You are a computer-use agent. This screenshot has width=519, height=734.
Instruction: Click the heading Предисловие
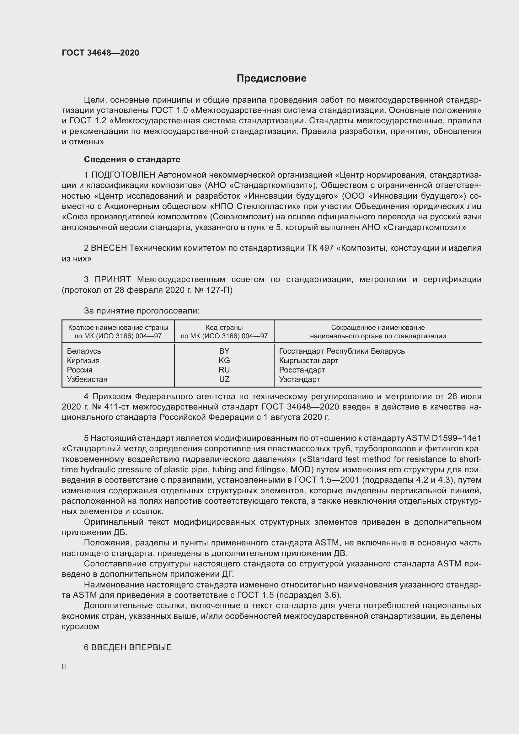(271, 78)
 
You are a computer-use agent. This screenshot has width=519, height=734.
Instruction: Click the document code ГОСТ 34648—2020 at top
(100, 53)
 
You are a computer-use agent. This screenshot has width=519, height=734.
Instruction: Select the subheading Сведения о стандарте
(132, 159)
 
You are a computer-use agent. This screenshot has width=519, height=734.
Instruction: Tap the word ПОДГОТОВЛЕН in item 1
(123, 175)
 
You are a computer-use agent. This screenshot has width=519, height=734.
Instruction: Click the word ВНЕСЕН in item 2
(109, 248)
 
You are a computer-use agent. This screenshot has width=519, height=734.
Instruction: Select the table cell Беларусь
(84, 351)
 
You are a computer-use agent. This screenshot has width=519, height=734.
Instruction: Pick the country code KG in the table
(224, 360)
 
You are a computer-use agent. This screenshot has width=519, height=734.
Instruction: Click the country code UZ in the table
(224, 379)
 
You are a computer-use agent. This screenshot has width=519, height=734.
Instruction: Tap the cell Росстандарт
(302, 370)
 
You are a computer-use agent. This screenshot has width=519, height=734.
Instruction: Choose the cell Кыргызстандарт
(308, 360)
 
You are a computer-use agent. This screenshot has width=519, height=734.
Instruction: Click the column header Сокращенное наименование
(378, 327)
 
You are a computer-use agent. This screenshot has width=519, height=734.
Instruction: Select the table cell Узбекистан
(87, 379)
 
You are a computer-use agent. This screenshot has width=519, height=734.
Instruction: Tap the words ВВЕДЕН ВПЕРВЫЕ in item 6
(131, 647)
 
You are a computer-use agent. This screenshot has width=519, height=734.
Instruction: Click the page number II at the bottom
(64, 667)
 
